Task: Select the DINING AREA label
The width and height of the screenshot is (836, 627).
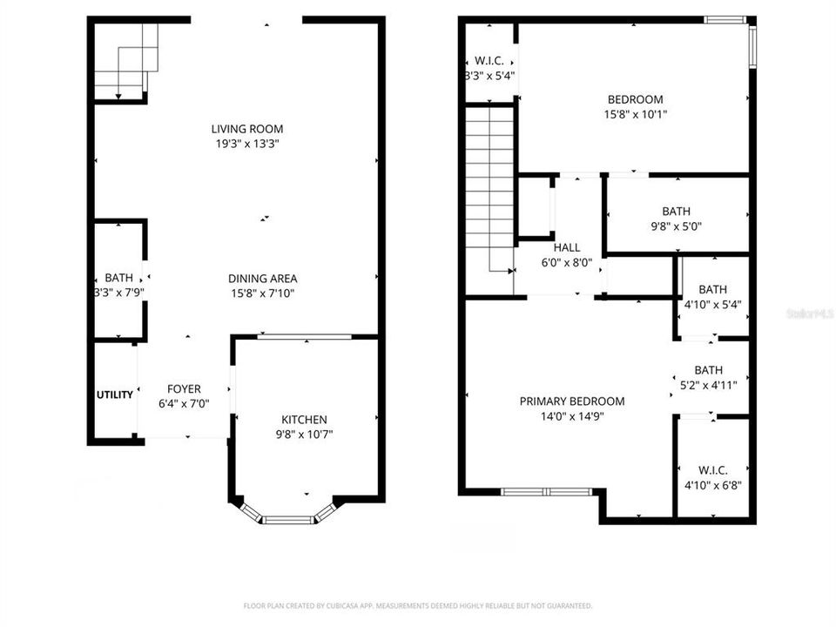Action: click(x=262, y=279)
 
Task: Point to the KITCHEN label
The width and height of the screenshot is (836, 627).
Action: click(x=304, y=420)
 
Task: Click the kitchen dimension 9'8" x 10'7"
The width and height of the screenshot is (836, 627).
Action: click(x=304, y=434)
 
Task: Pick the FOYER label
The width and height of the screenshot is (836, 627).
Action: click(x=184, y=389)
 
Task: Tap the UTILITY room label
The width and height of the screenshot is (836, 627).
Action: click(x=115, y=394)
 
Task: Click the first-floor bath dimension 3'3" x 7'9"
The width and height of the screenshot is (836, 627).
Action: click(x=119, y=293)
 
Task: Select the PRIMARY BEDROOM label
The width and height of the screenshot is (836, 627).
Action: click(x=572, y=401)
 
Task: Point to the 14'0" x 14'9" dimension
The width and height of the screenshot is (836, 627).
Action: click(x=572, y=416)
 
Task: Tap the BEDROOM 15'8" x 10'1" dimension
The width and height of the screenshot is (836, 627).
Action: click(x=636, y=114)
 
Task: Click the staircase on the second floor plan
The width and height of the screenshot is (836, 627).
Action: click(x=490, y=187)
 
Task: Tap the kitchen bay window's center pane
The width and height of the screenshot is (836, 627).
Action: click(x=288, y=520)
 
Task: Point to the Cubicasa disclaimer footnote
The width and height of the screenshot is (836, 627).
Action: click(x=418, y=605)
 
